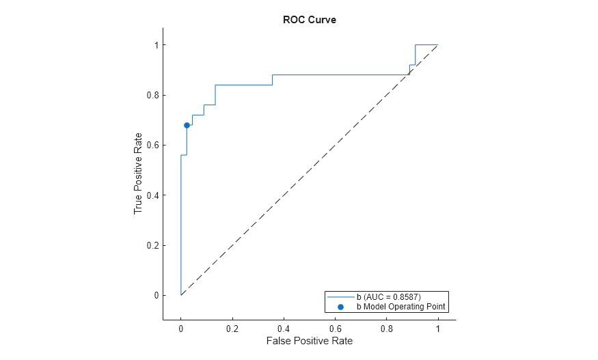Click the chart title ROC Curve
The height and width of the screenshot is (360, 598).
[309, 20]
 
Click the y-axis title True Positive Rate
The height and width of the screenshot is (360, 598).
[138, 173]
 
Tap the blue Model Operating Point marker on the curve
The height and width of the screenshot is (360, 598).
[187, 125]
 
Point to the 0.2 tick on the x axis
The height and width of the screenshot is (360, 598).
[232, 328]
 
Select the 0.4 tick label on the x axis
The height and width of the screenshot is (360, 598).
[284, 328]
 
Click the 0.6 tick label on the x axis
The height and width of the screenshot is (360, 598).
[335, 328]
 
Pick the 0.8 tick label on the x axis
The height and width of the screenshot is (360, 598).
[386, 328]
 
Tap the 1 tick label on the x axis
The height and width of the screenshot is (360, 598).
[437, 328]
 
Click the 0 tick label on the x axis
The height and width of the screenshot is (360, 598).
[181, 328]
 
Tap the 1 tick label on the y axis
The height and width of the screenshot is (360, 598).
[156, 45]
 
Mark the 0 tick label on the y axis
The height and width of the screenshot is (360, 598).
[156, 296]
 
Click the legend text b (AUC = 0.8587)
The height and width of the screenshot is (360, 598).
[388, 297]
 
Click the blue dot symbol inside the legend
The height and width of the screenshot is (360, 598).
[340, 307]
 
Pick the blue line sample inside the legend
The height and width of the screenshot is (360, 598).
[340, 297]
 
